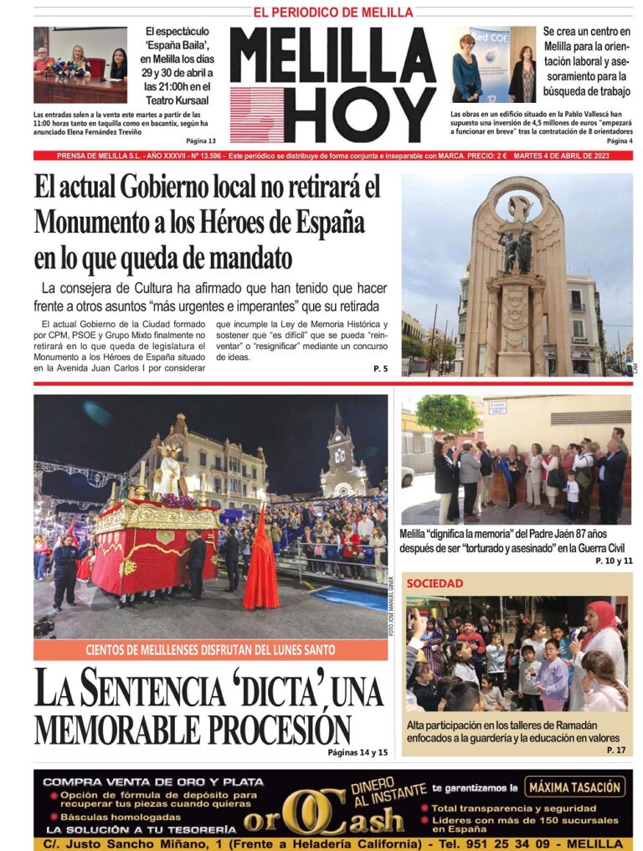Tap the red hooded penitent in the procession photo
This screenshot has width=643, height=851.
(260, 561)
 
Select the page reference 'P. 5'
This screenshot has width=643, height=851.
(380, 368)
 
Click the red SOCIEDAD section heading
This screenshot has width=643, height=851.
(435, 583)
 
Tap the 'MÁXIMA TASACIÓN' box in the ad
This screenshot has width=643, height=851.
(576, 787)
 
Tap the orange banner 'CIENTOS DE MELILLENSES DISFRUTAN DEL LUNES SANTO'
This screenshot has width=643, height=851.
(210, 649)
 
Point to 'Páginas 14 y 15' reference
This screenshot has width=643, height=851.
(358, 753)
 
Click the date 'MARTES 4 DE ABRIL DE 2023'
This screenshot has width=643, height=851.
(573, 156)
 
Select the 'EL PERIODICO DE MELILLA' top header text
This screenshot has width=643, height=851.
(332, 12)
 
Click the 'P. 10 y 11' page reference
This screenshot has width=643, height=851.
(614, 560)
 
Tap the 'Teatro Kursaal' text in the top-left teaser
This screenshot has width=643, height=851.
(176, 100)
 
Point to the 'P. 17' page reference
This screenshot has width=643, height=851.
(616, 751)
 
